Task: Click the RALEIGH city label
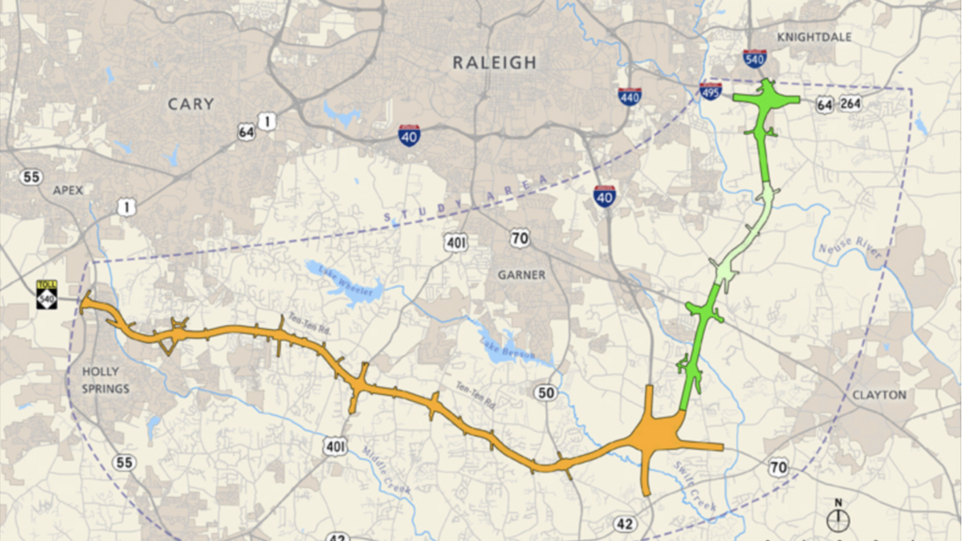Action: tap(495, 63)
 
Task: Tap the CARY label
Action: tap(190, 104)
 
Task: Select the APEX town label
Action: tap(68, 190)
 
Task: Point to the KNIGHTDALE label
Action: tap(814, 37)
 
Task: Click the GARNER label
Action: tap(521, 275)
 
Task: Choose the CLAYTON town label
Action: tap(879, 395)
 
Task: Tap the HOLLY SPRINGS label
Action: tap(106, 380)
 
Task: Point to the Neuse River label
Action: tap(850, 247)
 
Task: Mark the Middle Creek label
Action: tap(386, 470)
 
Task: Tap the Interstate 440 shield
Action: tap(630, 96)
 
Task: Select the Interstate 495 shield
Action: tap(710, 91)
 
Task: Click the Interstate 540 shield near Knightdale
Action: tap(755, 59)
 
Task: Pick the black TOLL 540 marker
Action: tap(47, 295)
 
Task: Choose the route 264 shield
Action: tap(850, 104)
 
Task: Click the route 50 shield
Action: tap(546, 393)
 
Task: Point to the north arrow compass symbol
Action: tap(838, 518)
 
